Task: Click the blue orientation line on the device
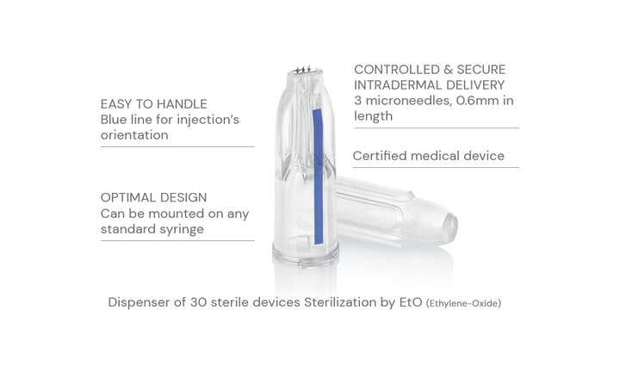point(318,177)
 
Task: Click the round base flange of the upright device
point(305,254)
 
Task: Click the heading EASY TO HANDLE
point(154,104)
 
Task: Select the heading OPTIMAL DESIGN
point(154,197)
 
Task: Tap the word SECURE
point(480,70)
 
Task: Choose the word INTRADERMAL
point(398,85)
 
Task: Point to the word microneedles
point(408,101)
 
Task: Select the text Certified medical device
point(429,156)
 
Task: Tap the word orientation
point(134,135)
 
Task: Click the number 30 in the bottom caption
point(198,302)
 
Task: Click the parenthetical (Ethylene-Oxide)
point(463,304)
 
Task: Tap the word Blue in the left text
point(114,120)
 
